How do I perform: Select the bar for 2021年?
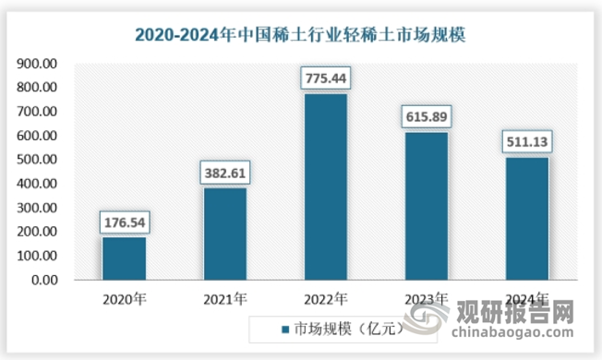[x=224, y=234]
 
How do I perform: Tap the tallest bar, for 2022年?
[x=325, y=187]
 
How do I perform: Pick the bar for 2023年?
[x=426, y=207]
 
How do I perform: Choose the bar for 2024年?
[x=526, y=219]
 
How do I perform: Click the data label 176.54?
[x=124, y=222]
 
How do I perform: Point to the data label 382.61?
[x=224, y=173]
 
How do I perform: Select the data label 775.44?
[x=325, y=78]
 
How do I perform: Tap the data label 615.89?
[x=426, y=117]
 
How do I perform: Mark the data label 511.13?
[x=526, y=142]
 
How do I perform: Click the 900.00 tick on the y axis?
[x=37, y=64]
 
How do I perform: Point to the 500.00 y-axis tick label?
[x=37, y=160]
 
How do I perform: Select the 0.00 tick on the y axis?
[x=43, y=280]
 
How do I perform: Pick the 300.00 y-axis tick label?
[x=37, y=208]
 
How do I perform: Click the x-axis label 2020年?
[x=124, y=299]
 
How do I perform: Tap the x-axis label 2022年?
[x=325, y=299]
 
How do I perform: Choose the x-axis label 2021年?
[x=224, y=299]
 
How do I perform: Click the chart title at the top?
[x=300, y=36]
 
